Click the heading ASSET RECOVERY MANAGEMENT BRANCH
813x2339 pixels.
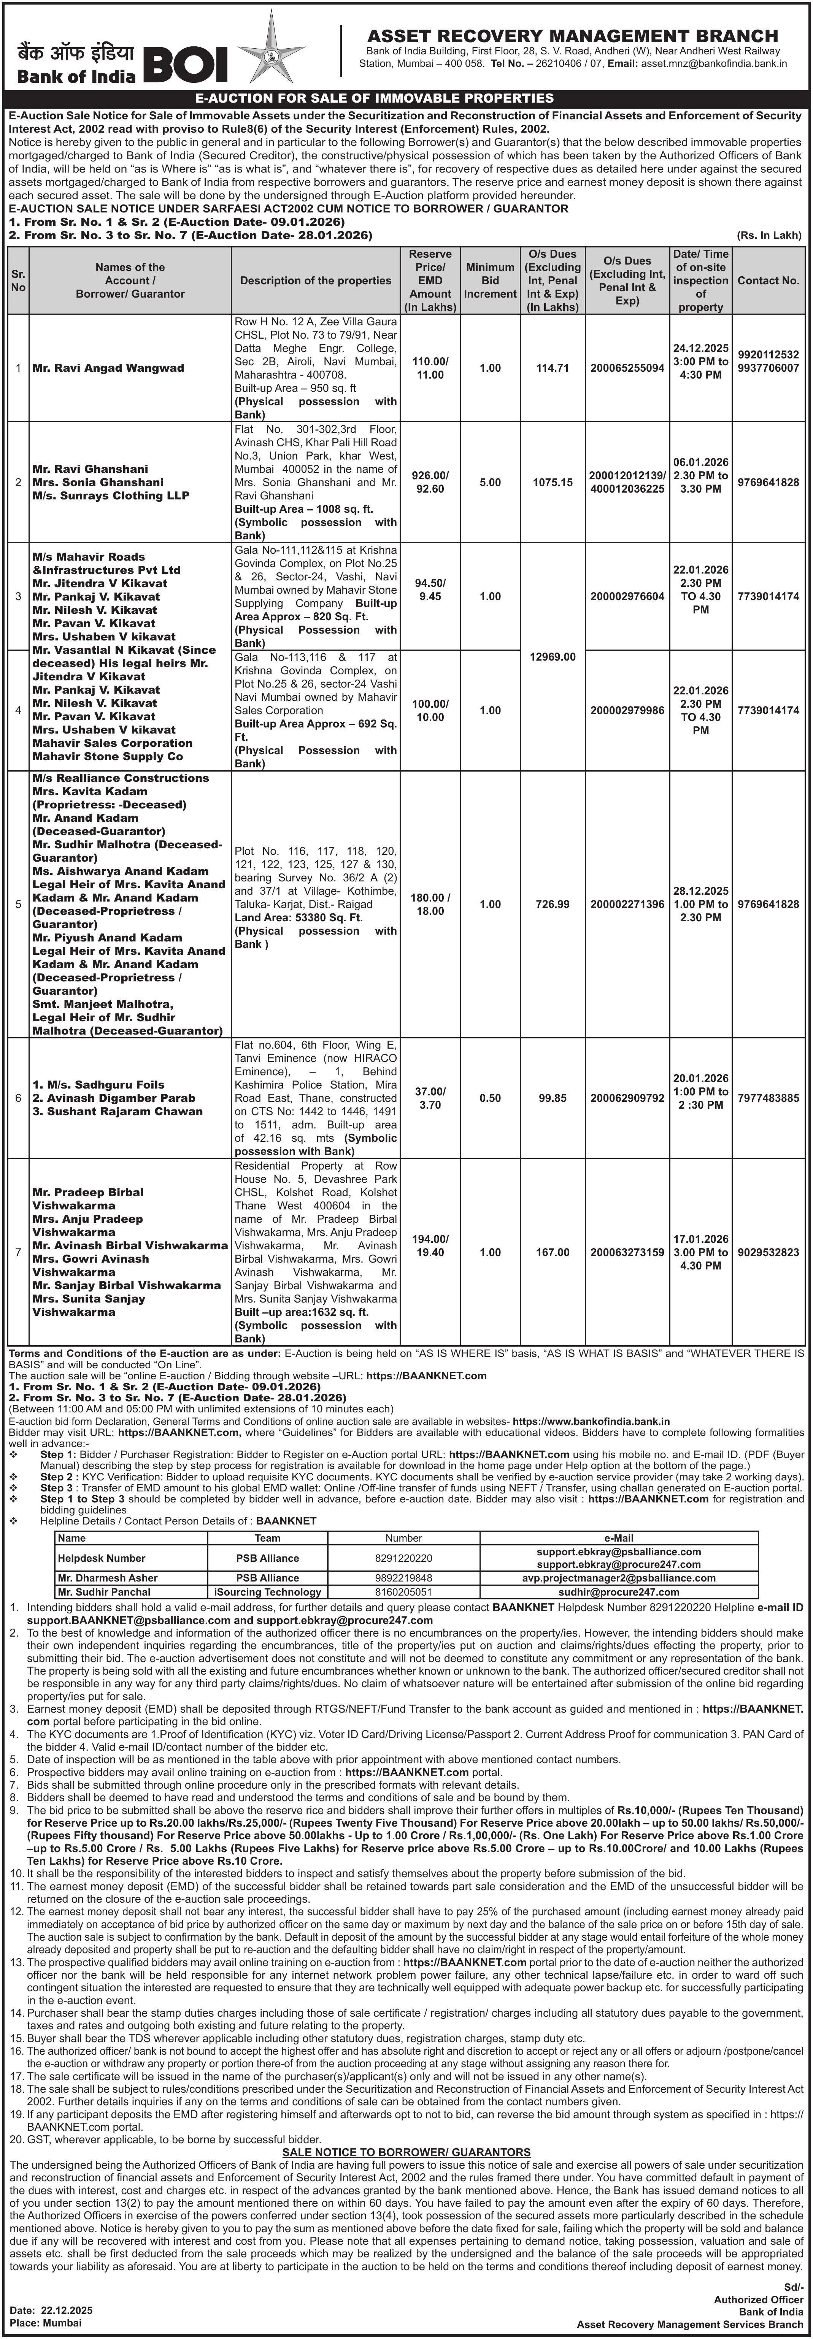572,35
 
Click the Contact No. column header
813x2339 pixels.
769,280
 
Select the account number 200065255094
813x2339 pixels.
627,368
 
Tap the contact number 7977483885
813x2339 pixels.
769,1098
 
